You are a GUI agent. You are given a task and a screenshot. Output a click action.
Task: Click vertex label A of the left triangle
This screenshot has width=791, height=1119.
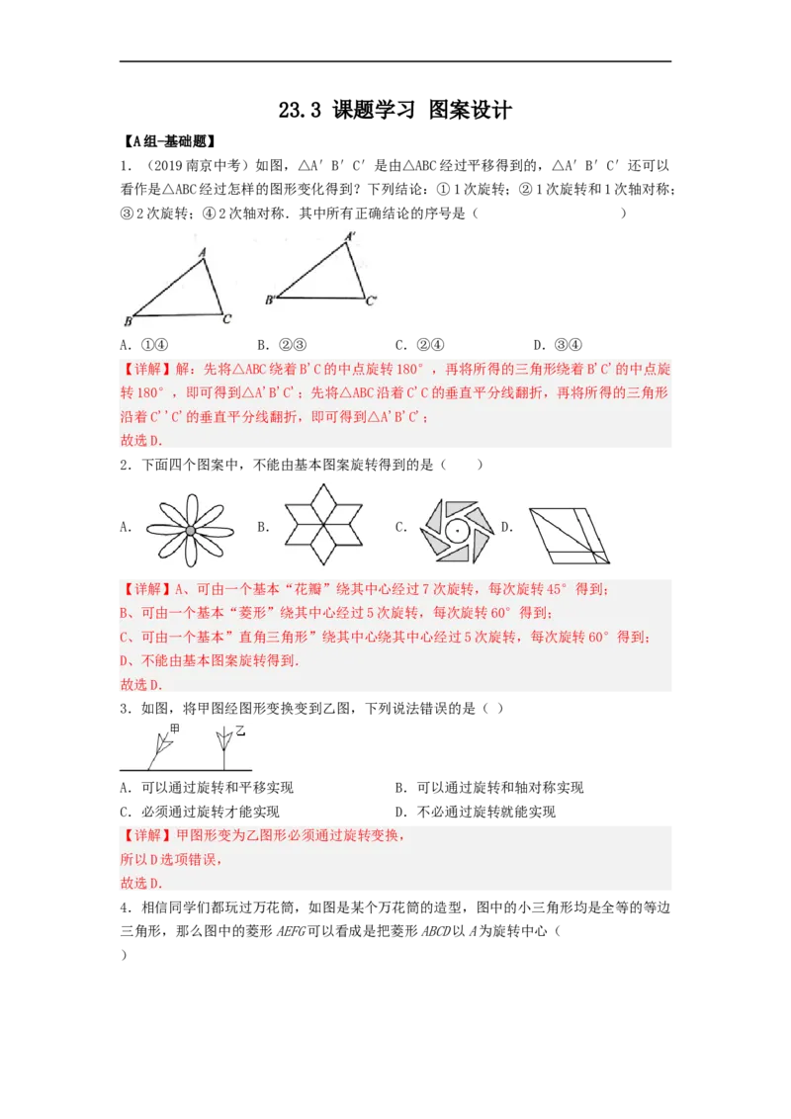coord(202,252)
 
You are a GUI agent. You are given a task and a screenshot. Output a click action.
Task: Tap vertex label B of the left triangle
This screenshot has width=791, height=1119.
coord(129,321)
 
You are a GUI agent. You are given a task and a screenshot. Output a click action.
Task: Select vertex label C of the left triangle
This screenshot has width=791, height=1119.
coord(227,318)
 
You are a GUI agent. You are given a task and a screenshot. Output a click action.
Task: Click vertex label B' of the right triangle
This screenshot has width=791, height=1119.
coord(269,300)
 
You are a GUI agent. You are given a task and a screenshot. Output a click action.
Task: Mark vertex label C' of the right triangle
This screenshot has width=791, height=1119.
coord(371,300)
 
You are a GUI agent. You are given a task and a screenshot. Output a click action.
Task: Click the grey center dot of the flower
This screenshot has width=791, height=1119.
coord(190,531)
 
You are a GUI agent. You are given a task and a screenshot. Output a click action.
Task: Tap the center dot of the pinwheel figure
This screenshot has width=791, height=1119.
coord(457,530)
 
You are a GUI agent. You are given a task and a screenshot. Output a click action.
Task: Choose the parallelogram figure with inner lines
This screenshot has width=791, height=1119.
coord(562,535)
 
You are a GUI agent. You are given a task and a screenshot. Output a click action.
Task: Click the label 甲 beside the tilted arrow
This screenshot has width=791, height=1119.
coord(175,729)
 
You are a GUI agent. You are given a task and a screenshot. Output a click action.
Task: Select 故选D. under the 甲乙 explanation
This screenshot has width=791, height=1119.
coord(141,883)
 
